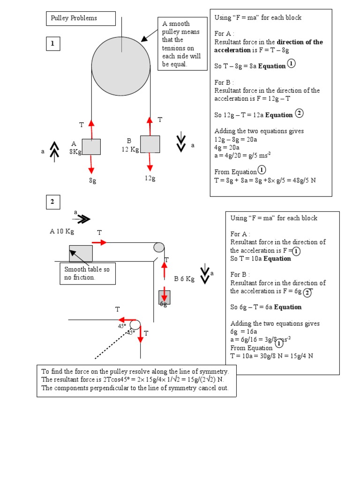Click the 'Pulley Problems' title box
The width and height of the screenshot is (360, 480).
[x=81, y=18]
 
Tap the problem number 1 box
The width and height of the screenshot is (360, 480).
[x=53, y=44]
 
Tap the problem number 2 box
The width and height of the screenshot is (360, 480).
[x=53, y=202]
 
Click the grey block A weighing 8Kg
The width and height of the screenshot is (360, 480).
[x=91, y=146]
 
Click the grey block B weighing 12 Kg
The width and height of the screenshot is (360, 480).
[x=150, y=144]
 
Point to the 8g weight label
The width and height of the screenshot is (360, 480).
[x=92, y=180]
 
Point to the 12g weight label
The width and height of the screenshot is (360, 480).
[x=150, y=178]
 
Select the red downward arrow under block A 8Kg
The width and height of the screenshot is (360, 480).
[x=91, y=164]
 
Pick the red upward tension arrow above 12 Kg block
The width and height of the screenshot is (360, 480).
[x=150, y=126]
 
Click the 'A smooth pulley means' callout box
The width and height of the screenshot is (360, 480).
[x=182, y=44]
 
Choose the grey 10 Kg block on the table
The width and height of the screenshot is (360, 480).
[x=81, y=253]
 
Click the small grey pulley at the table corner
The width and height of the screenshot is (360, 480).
[x=159, y=247]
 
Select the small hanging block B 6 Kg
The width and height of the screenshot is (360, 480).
[x=165, y=297]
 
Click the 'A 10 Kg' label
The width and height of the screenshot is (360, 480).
[x=62, y=231]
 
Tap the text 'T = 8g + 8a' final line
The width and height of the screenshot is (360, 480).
[x=265, y=180]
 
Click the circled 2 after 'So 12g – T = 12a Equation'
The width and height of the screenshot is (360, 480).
[x=300, y=113]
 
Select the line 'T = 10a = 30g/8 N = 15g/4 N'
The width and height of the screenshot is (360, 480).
[x=271, y=356]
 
